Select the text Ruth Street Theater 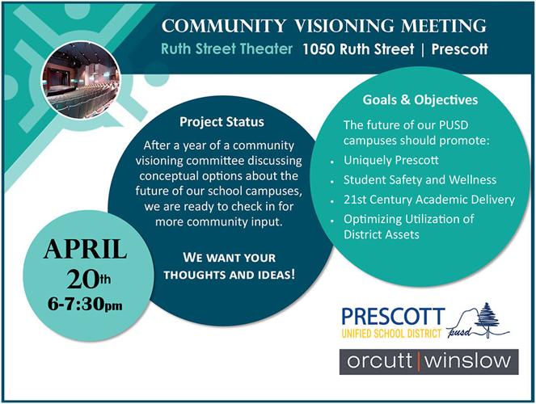click(226, 48)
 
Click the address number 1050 click(319, 48)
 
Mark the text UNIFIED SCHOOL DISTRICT click(392, 332)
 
